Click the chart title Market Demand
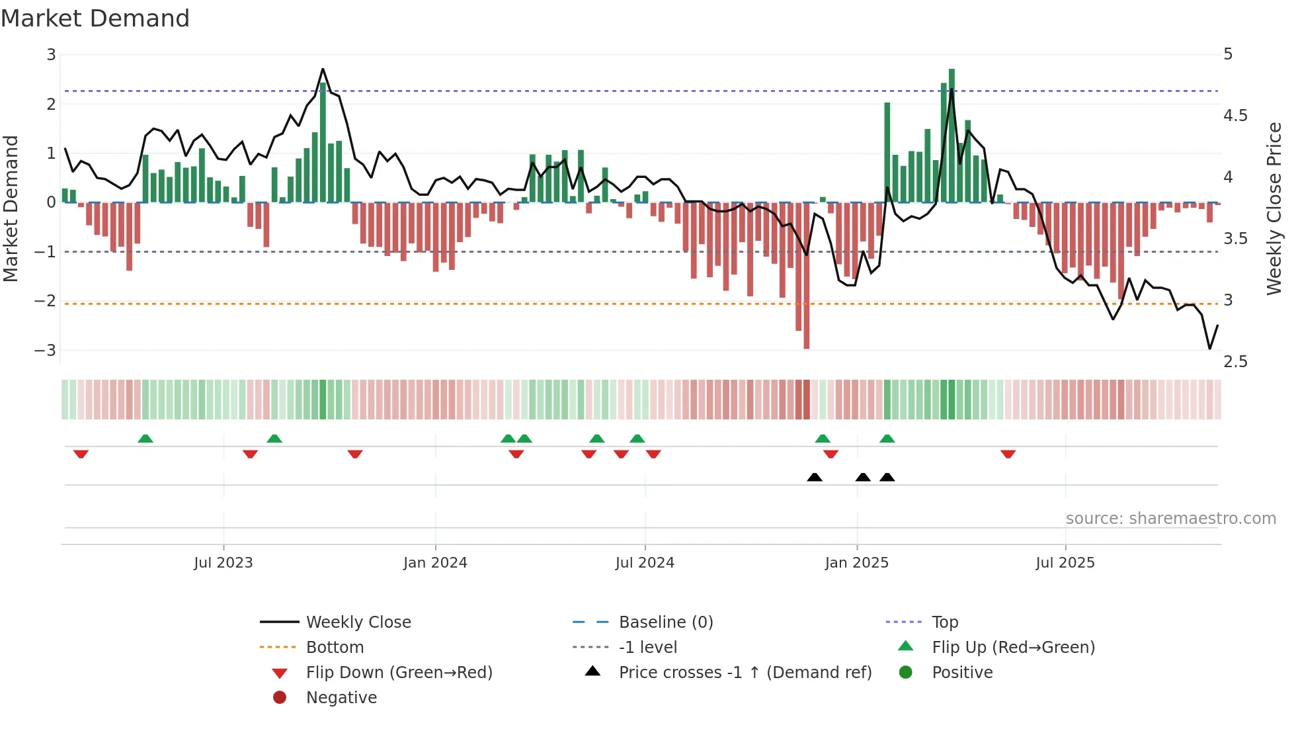(x=95, y=19)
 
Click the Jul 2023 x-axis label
(x=223, y=563)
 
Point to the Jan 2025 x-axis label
(x=857, y=563)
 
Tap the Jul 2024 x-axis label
(x=645, y=563)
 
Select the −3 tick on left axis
(x=46, y=350)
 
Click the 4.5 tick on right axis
(x=1235, y=116)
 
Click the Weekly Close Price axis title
(x=1274, y=208)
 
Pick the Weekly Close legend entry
(x=358, y=622)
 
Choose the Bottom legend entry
(x=335, y=647)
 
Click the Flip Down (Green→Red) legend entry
(x=399, y=672)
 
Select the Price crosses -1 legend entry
(x=745, y=672)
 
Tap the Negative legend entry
(x=341, y=697)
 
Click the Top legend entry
(x=945, y=622)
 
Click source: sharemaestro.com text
(x=1170, y=518)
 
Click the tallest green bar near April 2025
(x=952, y=136)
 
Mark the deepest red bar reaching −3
(x=806, y=275)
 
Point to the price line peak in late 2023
(x=323, y=69)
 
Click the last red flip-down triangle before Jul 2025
(x=1008, y=454)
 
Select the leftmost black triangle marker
(x=815, y=477)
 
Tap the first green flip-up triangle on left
(x=145, y=438)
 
